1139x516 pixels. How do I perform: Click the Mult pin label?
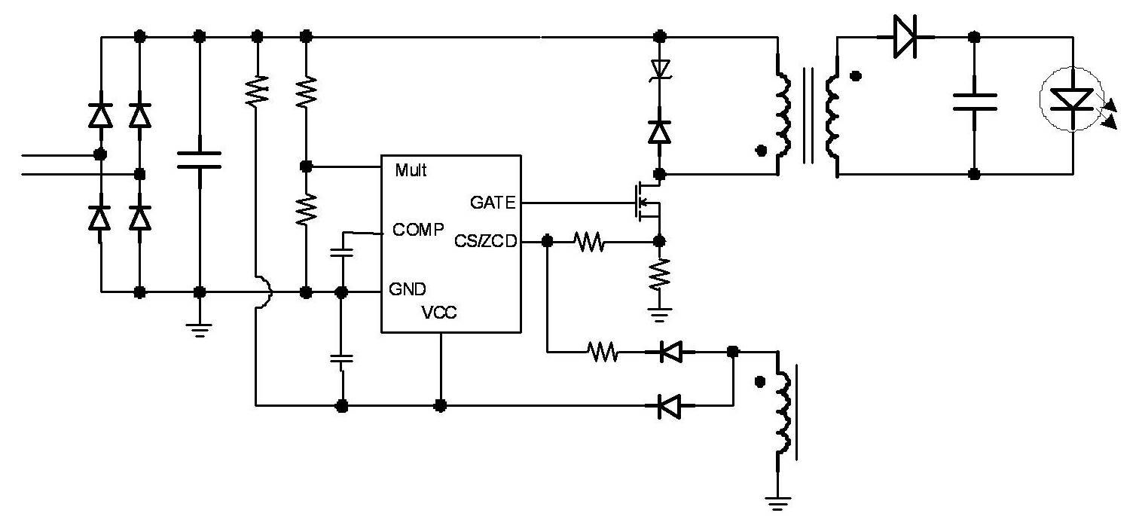(411, 170)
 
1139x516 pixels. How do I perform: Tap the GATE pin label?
(493, 203)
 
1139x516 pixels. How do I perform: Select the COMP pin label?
(418, 230)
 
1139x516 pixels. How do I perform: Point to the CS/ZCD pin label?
(486, 242)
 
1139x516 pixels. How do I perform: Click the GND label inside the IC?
(408, 289)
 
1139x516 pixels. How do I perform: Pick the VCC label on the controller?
(439, 312)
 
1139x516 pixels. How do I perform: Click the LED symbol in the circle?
(1072, 99)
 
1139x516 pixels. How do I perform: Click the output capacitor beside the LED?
(974, 102)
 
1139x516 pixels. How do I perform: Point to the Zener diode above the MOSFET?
(660, 69)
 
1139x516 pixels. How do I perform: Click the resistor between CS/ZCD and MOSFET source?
(589, 242)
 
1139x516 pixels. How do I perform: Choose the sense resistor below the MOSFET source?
(659, 274)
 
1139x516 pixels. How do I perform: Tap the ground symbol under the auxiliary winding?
(777, 502)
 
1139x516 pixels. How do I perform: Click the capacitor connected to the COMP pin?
(342, 252)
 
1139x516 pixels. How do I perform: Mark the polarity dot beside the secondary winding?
(857, 76)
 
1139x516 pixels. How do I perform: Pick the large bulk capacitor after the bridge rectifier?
(200, 159)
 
